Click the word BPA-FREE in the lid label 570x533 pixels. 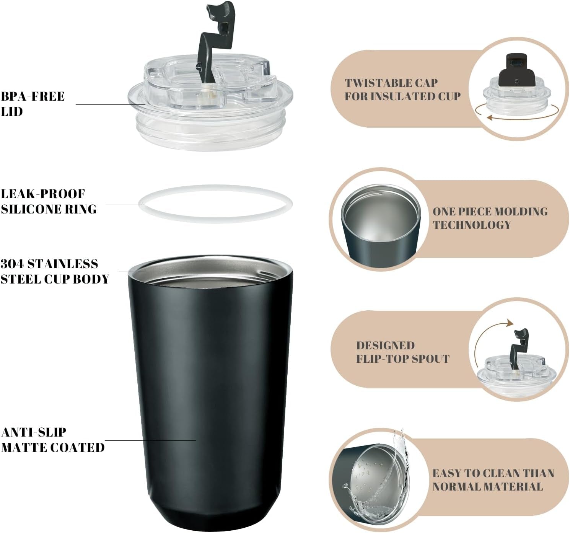33,96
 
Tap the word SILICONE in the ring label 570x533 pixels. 32,209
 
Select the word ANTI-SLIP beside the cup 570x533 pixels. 34,432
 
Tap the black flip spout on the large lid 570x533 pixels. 218,37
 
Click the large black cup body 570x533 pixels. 210,393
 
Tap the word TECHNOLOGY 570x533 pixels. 472,225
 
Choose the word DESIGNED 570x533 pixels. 386,345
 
